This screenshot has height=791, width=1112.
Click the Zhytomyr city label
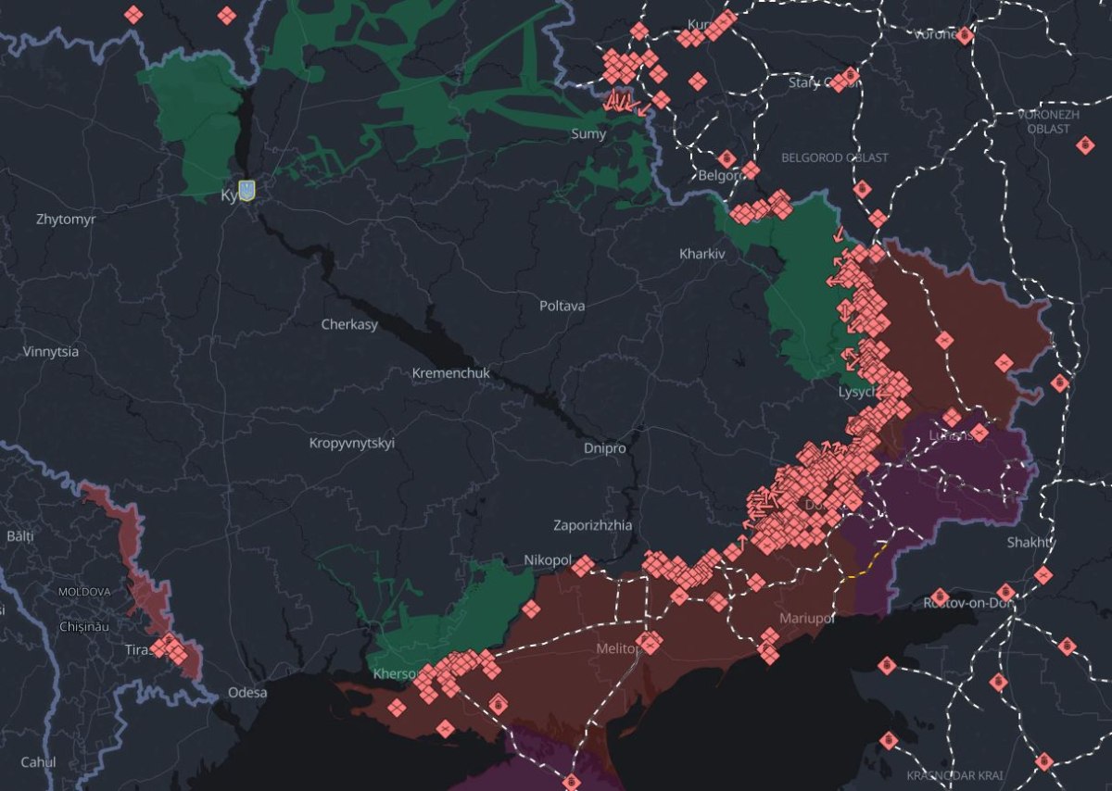[x=66, y=220]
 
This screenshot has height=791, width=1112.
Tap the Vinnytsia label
[x=51, y=352]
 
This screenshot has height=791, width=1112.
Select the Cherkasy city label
[x=349, y=324]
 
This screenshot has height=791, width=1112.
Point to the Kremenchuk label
[x=450, y=373]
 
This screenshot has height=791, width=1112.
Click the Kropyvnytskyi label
[x=351, y=443]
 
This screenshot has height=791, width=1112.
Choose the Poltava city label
[x=562, y=305]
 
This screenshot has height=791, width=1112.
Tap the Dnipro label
[x=604, y=448]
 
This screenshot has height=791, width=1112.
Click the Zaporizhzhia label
[x=592, y=525]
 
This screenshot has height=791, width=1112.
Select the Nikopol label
[x=547, y=559]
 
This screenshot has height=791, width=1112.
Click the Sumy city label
[x=588, y=134]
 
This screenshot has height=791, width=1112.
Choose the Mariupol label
[x=807, y=617]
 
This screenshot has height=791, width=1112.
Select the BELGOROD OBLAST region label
[x=834, y=158]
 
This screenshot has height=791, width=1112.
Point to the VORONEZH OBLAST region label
[x=1048, y=120]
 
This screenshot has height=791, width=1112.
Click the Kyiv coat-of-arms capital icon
[x=246, y=191]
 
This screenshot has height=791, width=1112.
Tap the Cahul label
[x=38, y=762]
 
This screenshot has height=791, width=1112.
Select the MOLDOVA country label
[x=83, y=591]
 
